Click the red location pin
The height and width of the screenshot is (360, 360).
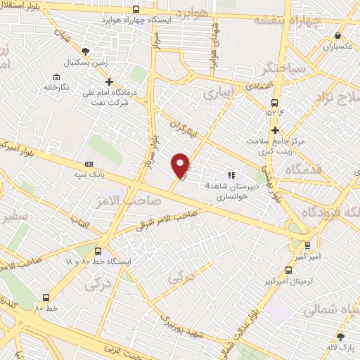[x=181, y=165]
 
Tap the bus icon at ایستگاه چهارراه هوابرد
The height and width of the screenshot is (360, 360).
[x=136, y=10]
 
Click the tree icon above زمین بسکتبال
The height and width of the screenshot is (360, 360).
[x=86, y=51]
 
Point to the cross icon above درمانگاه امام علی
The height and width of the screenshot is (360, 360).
[x=109, y=82]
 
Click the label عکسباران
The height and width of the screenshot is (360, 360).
[x=337, y=46]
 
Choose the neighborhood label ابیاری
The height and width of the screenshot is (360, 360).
[x=217, y=92]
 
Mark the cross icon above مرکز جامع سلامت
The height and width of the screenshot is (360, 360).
[x=275, y=129]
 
